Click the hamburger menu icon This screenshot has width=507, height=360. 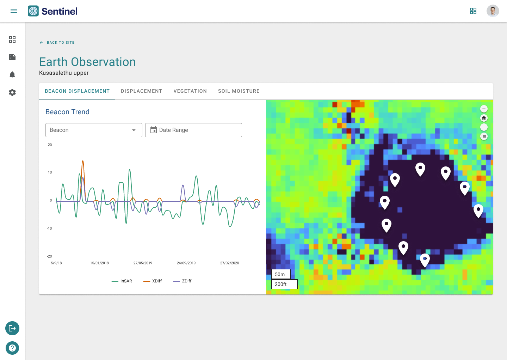pos(14,11)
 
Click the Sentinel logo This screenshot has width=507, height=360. pos(52,11)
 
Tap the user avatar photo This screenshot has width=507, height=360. pos(493,11)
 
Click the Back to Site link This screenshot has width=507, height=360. pos(57,43)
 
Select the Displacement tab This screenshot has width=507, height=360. pos(142,91)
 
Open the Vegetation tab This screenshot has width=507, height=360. pos(190,91)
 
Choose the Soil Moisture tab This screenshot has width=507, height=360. pos(239,91)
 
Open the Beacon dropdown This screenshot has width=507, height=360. pos(94,130)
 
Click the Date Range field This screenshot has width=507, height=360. pos(193,130)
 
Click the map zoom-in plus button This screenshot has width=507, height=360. pos(484,109)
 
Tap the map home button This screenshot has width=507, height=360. pos(484,118)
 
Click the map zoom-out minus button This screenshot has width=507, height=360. pos(484,127)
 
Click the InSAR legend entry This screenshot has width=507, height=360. pos(122,281)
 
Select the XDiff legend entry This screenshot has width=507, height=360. pos(153,281)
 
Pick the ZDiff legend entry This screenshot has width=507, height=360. pos(182,281)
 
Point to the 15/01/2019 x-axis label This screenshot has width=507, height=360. pos(99,263)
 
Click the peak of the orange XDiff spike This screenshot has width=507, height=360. pos(83,161)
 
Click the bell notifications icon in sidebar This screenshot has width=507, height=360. pos(12,75)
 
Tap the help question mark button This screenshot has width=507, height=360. pos(12,348)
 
